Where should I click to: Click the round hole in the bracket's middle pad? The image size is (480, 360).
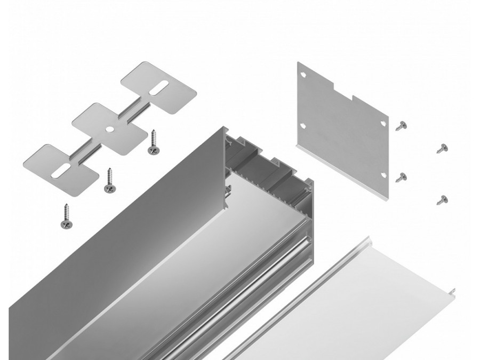pos(109,128)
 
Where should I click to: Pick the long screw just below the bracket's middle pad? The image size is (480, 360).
pos(110,180)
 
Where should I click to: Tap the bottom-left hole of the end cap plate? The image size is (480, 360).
pos(303,126)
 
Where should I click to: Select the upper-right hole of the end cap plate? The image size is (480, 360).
pos(383,123)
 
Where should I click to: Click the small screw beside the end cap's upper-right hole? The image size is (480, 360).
pos(401,126)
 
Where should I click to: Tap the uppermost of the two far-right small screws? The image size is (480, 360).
pos(442,148)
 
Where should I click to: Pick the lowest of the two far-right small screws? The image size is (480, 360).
pos(442,200)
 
